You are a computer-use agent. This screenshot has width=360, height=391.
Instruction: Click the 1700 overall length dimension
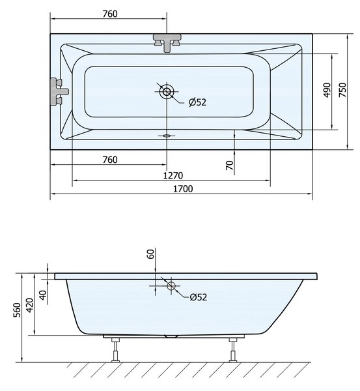tap(183, 189)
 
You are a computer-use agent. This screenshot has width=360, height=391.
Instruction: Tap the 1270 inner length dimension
tap(173, 175)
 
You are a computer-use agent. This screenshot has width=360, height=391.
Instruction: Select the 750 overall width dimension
tap(343, 90)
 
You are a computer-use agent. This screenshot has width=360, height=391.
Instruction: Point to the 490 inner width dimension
tap(327, 90)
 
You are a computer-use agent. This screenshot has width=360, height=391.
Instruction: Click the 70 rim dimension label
tap(230, 165)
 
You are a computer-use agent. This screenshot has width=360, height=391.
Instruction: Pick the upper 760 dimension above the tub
tap(110, 14)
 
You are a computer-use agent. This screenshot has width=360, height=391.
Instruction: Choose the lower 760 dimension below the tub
tap(110, 160)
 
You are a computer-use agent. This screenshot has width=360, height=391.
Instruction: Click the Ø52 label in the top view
tap(197, 102)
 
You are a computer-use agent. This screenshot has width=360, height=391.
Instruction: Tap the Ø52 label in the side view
tap(199, 297)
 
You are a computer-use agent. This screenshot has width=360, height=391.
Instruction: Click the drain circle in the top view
tap(167, 91)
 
